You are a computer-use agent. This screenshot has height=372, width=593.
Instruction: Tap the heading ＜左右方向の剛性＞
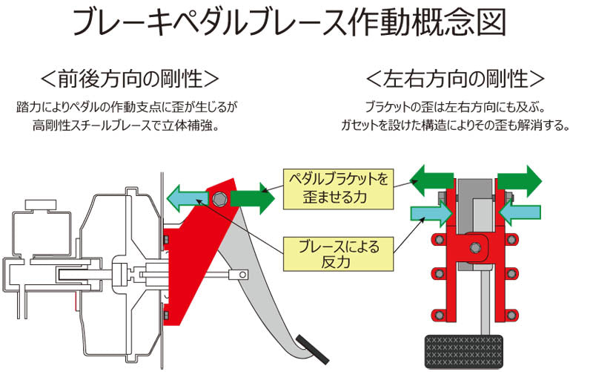tap(456, 78)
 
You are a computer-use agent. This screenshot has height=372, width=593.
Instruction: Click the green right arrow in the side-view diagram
tap(253, 198)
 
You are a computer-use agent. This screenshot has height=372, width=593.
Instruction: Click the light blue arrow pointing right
tap(433, 214)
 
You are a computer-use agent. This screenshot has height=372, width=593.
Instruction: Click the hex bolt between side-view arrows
tap(220, 199)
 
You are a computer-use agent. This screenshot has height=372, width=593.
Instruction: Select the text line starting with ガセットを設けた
tap(456, 125)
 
